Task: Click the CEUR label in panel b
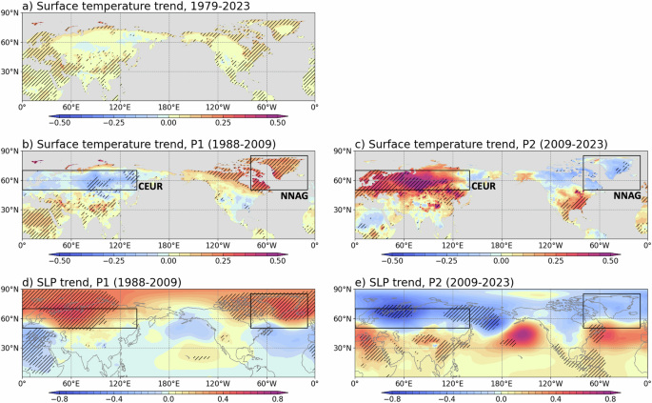pos(152,188)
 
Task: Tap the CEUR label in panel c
pos(485,188)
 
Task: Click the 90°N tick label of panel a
pos(10,14)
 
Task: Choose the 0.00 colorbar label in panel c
pos(502,260)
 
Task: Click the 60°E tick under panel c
pos(404,246)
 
